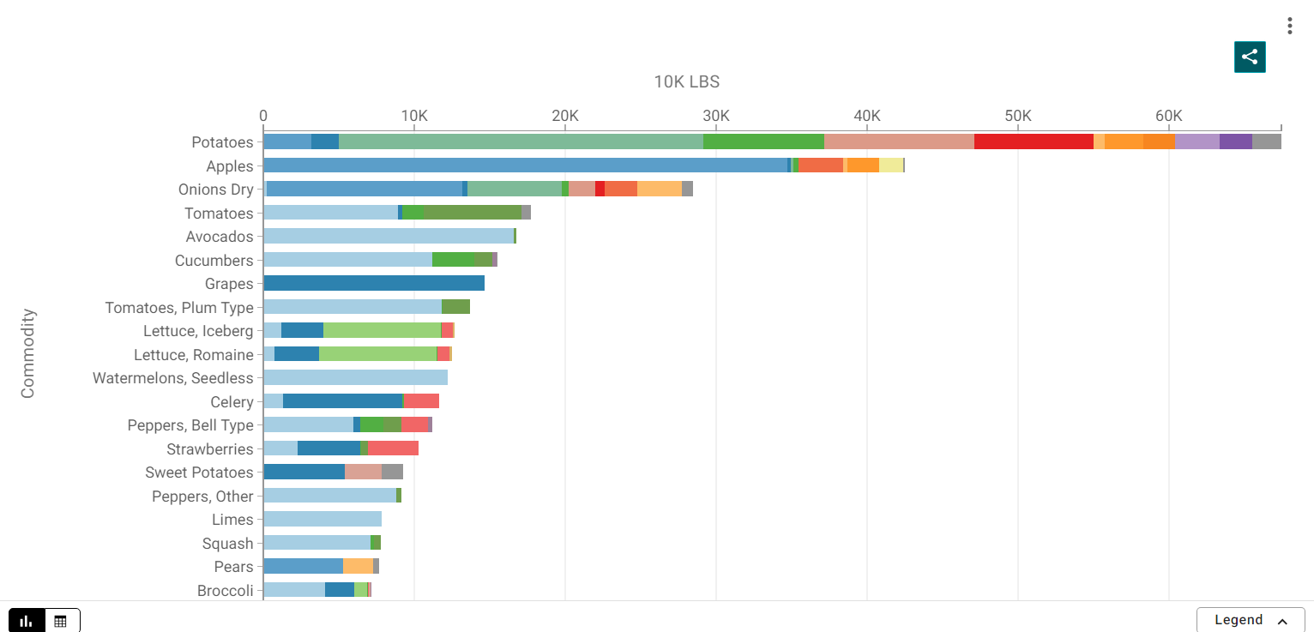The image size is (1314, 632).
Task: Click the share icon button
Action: (1250, 57)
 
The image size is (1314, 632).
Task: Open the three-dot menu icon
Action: (1289, 26)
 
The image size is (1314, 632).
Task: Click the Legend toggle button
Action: (1250, 620)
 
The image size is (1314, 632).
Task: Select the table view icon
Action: (61, 621)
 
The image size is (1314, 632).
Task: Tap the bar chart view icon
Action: (27, 621)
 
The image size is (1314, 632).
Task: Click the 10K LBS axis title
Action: (686, 82)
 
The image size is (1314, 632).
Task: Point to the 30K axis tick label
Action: (715, 116)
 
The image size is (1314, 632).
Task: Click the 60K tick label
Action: (1168, 116)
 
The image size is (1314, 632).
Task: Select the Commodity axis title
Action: (28, 353)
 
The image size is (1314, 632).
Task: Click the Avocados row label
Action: (220, 237)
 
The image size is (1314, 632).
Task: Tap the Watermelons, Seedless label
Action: (173, 378)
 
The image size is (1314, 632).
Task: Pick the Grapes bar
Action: (374, 283)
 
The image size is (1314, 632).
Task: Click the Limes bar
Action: (322, 519)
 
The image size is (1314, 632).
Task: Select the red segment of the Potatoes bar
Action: (1034, 141)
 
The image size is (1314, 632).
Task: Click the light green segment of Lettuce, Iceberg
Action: (382, 330)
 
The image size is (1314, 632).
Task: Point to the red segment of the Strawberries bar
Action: (393, 448)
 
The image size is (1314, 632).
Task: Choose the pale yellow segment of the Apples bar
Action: (890, 166)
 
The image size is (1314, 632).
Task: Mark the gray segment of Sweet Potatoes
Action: (392, 472)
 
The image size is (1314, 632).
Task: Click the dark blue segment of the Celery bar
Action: (342, 401)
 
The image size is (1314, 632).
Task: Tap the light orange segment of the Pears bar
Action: (358, 566)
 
